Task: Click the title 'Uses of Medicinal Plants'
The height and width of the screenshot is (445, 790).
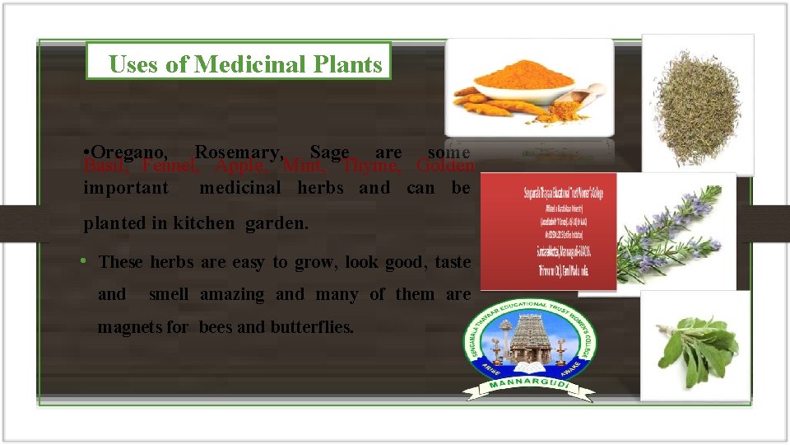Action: (x=245, y=64)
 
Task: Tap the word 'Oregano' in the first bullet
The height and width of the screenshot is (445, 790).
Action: (x=130, y=152)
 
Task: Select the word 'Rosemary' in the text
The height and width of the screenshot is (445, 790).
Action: (x=239, y=152)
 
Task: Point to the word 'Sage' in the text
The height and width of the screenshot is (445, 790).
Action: (x=329, y=152)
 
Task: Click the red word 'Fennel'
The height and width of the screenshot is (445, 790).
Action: (x=170, y=166)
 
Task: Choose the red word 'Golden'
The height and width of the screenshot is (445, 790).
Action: (x=445, y=166)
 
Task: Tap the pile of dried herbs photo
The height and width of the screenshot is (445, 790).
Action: (x=697, y=102)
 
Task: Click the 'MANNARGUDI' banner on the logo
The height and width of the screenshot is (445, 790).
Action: (x=532, y=388)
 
